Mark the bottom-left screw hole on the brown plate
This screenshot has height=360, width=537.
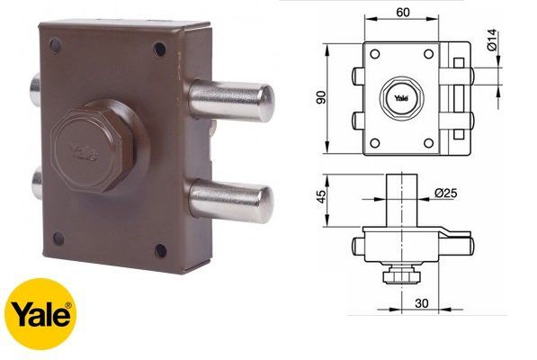click(x=59, y=237)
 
